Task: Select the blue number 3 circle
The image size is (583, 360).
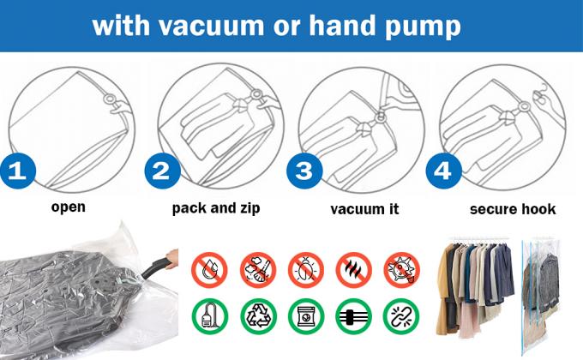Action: coord(302,170)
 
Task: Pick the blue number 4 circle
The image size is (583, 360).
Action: coord(442,170)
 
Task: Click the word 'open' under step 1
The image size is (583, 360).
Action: coord(69,207)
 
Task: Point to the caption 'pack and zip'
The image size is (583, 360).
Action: coord(215,208)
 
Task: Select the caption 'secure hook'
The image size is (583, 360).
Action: coord(513,208)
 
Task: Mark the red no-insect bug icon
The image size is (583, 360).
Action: coord(305,268)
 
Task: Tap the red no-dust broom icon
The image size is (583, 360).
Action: coord(258,268)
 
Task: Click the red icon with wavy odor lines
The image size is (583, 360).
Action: coord(352,268)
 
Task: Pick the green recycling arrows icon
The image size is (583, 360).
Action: coord(258,315)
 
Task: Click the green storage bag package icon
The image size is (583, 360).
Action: coord(305,315)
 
